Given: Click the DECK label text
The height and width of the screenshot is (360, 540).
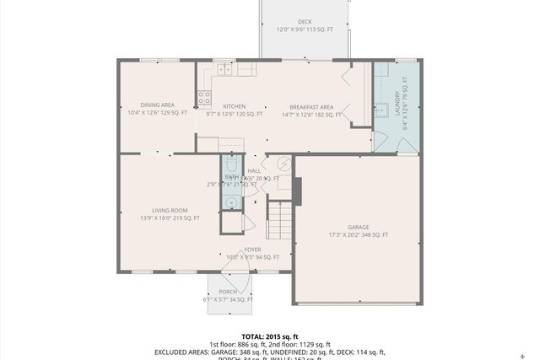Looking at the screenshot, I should pyautogui.click(x=304, y=22).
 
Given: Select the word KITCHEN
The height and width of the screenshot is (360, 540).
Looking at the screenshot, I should pyautogui.click(x=234, y=106).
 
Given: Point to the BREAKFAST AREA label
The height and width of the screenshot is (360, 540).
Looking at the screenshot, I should pyautogui.click(x=311, y=107).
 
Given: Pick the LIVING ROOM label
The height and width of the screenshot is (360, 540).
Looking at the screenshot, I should pyautogui.click(x=170, y=211).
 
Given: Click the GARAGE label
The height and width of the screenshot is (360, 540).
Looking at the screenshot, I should pyautogui.click(x=359, y=227).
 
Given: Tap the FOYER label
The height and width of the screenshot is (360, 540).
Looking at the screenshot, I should pyautogui.click(x=252, y=250).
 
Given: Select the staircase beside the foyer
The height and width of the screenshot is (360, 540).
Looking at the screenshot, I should pyautogui.click(x=278, y=219).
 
